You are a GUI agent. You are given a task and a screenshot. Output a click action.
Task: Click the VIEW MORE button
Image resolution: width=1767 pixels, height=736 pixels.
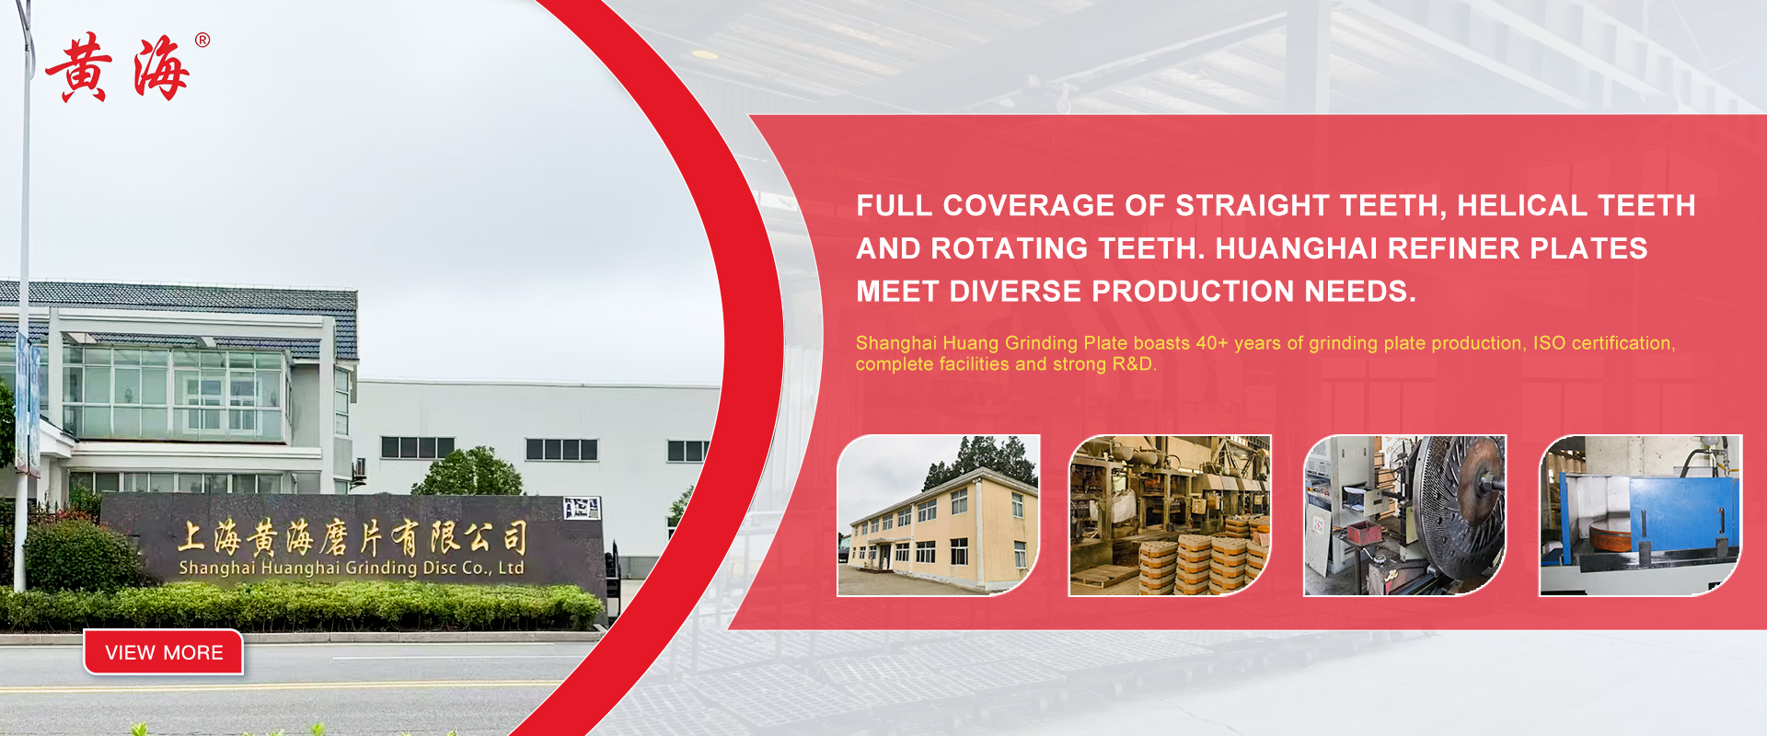[164, 652]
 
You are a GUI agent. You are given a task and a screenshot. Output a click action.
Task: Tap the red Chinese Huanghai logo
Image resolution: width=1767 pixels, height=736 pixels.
[118, 68]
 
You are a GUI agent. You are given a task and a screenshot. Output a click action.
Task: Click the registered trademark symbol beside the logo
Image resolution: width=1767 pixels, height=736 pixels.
[202, 40]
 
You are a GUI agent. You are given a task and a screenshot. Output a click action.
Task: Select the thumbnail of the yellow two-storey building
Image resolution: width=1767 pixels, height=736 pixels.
[938, 515]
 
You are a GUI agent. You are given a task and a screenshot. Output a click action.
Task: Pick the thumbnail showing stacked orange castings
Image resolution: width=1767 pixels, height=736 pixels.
[1170, 515]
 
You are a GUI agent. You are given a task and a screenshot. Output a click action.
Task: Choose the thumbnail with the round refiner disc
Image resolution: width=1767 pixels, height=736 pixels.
[1404, 515]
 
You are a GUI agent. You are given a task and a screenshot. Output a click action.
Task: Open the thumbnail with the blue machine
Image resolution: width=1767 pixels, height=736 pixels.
[1640, 515]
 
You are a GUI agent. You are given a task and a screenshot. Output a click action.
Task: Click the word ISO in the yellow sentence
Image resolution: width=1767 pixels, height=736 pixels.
[1549, 343]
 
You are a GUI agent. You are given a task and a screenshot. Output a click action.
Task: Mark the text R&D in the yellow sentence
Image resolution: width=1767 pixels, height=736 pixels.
[1132, 364]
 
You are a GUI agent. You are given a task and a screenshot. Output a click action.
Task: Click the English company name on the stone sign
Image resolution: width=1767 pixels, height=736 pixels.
[351, 568]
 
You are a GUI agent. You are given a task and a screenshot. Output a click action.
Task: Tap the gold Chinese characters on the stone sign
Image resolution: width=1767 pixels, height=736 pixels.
[352, 537]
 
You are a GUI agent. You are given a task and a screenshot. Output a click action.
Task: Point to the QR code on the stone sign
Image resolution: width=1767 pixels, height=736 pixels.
[582, 508]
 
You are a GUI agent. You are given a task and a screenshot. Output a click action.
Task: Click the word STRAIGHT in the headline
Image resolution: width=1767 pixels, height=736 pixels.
[1253, 205]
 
